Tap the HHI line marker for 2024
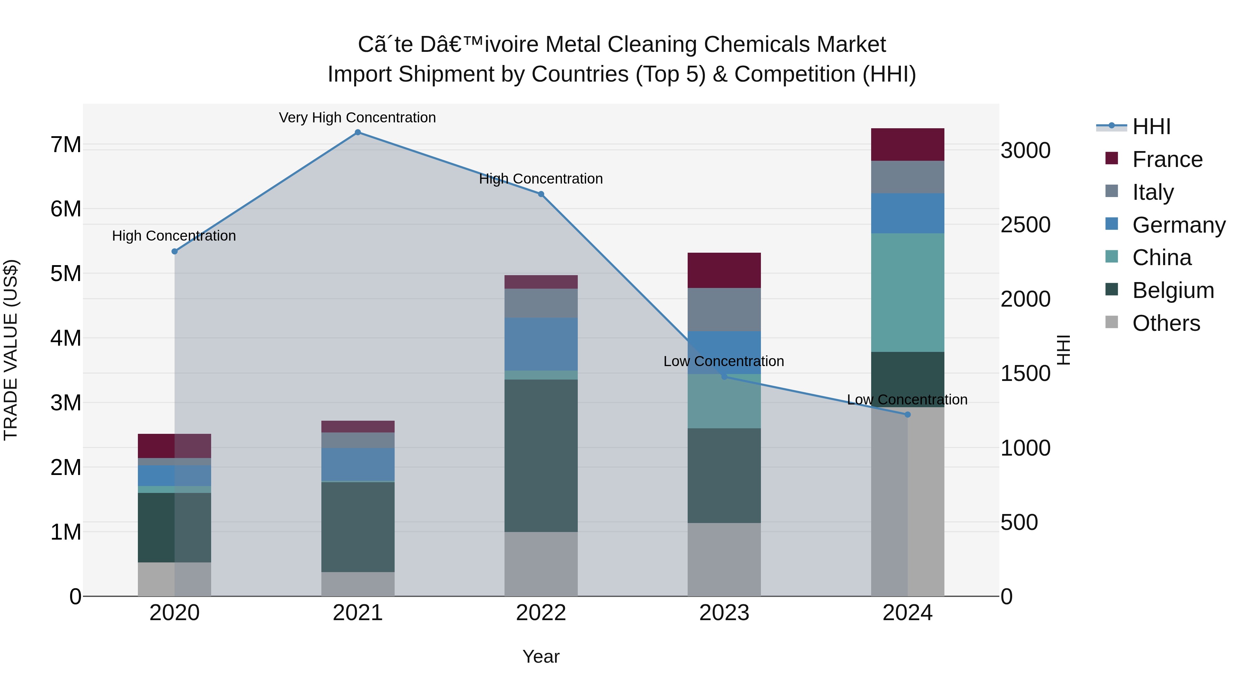[907, 414]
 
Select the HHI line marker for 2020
[175, 251]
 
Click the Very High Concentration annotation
[357, 118]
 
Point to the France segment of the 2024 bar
[907, 144]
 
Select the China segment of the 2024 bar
[907, 292]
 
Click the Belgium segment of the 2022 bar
[541, 456]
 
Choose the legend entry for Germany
[1178, 225]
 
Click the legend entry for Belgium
[1172, 290]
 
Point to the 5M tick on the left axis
[66, 273]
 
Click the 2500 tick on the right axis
[1025, 225]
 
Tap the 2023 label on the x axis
[724, 613]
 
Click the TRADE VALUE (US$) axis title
[11, 350]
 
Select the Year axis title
[541, 656]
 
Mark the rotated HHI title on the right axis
[1063, 350]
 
